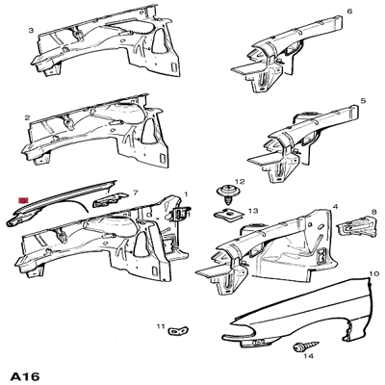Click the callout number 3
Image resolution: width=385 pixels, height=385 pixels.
[x=31, y=31]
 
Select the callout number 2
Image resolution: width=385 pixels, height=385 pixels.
[x=28, y=121]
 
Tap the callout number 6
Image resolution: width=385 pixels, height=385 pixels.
[x=349, y=11]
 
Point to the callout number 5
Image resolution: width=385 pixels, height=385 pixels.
[x=363, y=100]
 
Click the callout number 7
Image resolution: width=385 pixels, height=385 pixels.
[x=136, y=192]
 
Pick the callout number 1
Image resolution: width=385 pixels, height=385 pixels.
[x=186, y=192]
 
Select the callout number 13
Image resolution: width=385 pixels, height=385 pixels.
[x=253, y=211]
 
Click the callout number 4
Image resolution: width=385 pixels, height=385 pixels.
[x=334, y=207]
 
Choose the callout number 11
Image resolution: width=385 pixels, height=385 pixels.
[x=161, y=328]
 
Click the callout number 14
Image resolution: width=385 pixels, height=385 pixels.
[x=309, y=356]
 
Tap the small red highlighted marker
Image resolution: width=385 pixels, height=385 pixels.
[x=23, y=200]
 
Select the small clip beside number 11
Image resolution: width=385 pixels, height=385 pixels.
[x=176, y=332]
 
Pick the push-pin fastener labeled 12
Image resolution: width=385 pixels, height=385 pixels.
[x=226, y=191]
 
